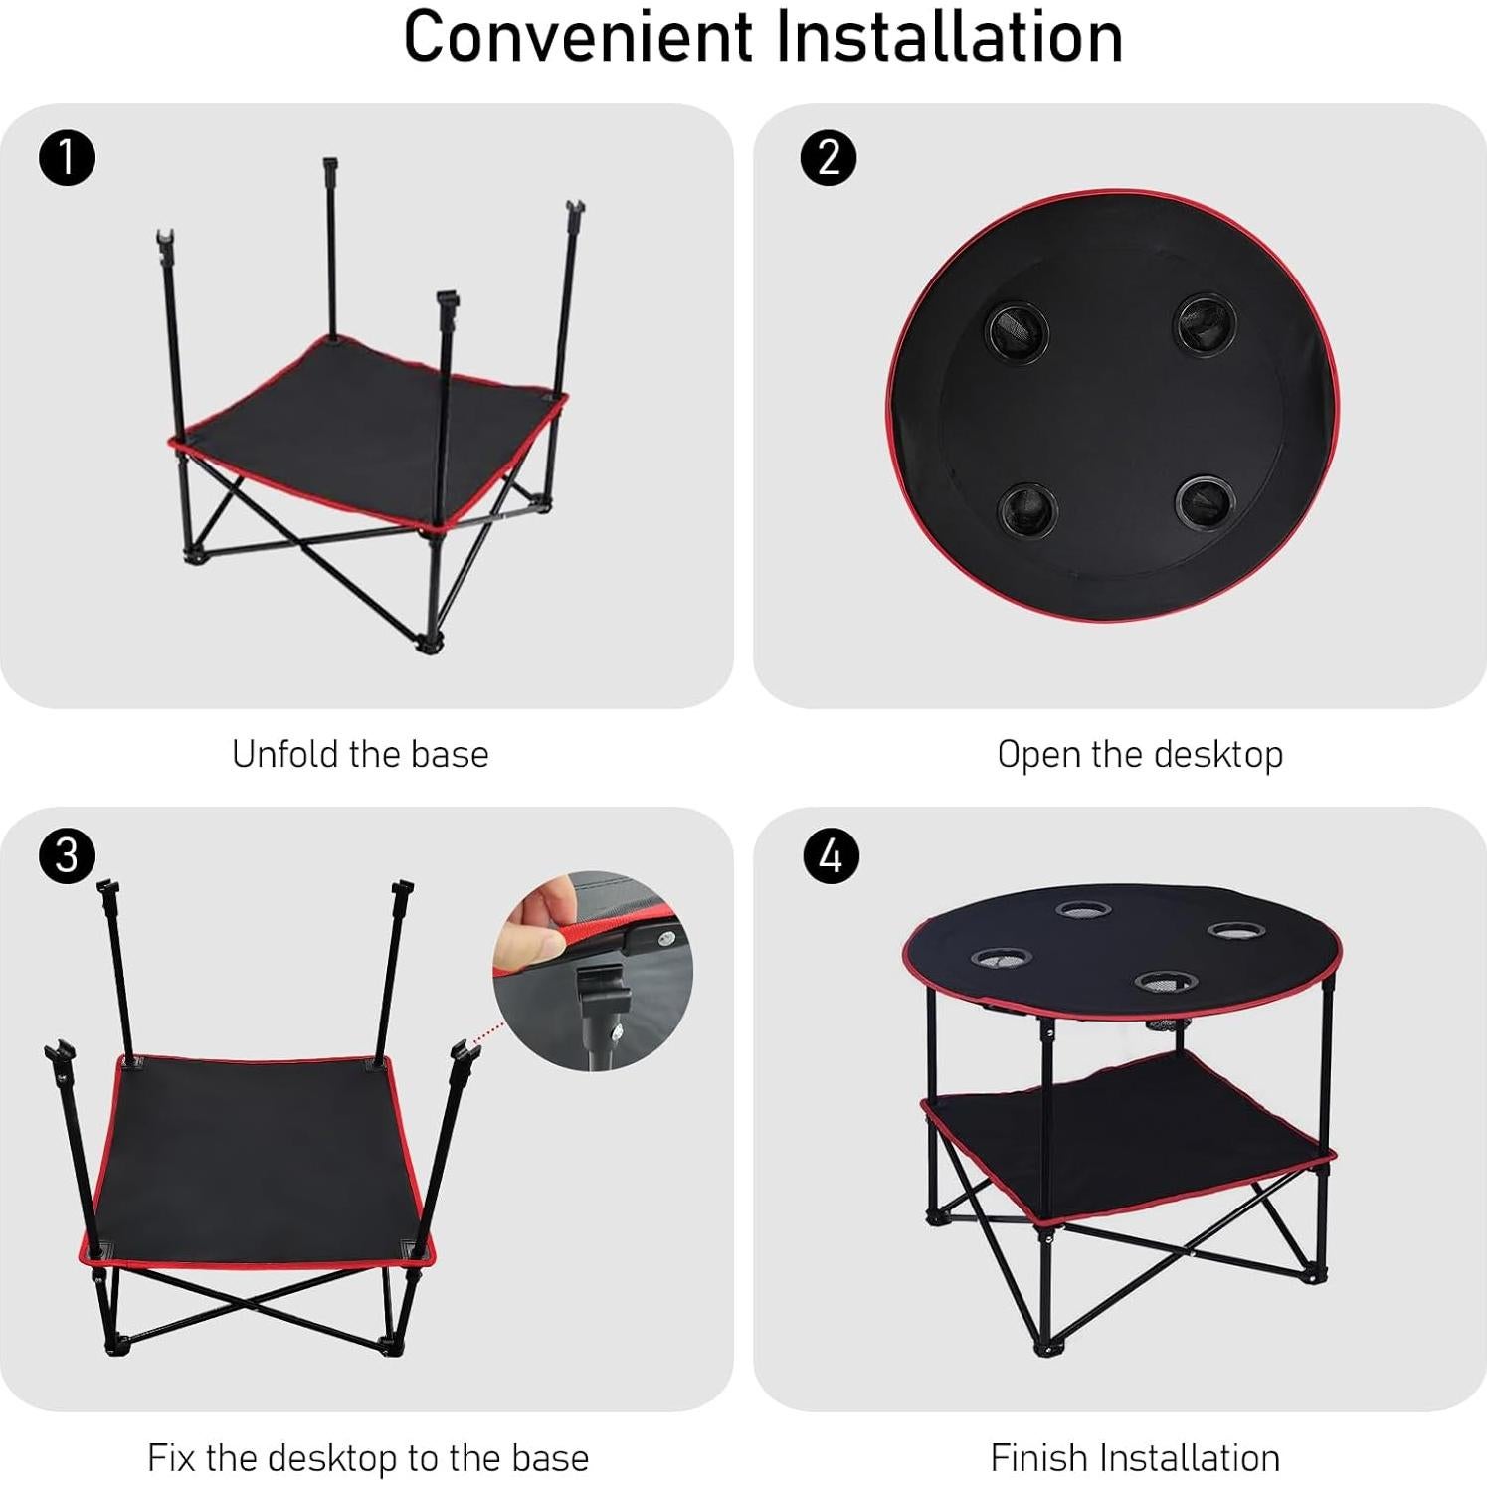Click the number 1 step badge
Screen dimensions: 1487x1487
point(67,158)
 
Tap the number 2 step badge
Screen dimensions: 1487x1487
point(829,158)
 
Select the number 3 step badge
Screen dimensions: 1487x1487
point(67,855)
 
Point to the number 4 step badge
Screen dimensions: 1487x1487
point(829,855)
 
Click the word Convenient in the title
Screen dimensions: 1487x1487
point(578,37)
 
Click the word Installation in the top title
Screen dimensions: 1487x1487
point(949,37)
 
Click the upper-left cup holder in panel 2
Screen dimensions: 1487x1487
point(1017,332)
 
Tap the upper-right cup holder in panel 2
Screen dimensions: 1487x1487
point(1206,324)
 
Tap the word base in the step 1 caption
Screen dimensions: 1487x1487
point(450,754)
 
